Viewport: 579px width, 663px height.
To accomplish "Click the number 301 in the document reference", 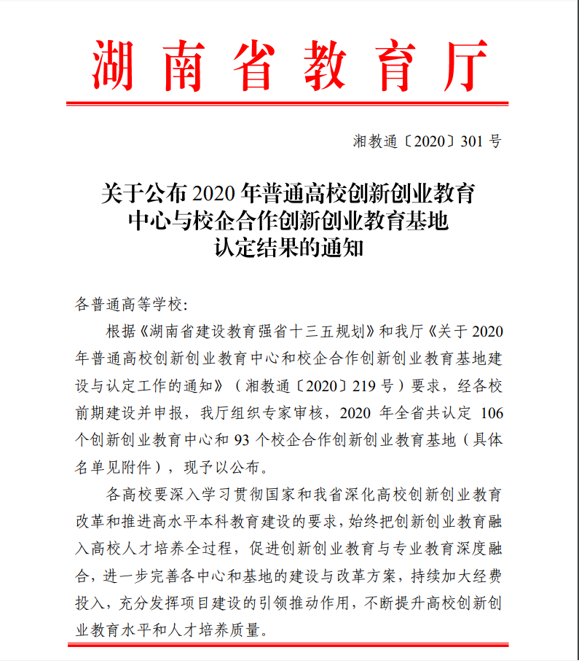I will click(473, 141).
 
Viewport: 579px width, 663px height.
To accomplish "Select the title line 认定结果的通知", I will click(288, 248).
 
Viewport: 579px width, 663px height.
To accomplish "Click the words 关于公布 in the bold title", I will click(138, 195).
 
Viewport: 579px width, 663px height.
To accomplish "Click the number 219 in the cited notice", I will click(371, 385).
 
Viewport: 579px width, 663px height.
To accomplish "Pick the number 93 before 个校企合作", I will click(243, 440).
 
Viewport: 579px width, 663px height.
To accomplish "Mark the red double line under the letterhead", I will click(288, 102).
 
